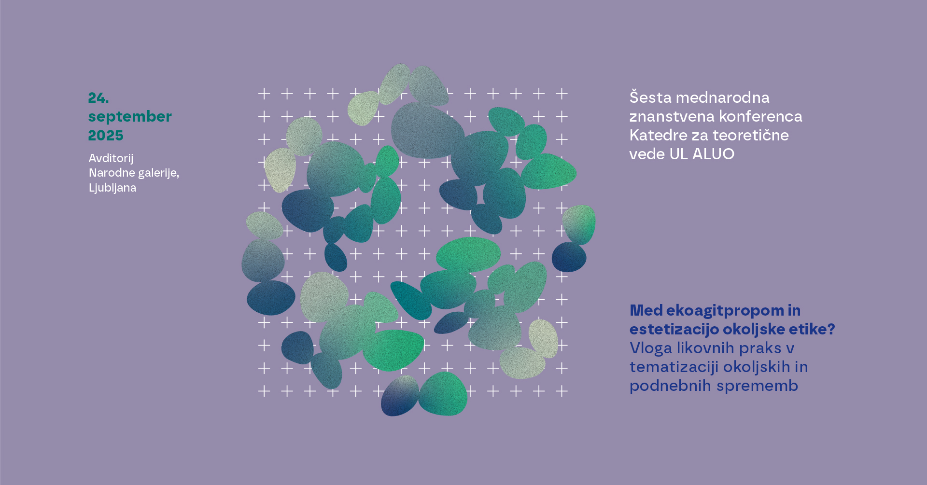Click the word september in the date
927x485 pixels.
(130, 117)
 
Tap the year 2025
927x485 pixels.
(106, 136)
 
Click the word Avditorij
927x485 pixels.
(111, 159)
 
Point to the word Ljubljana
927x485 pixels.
(112, 188)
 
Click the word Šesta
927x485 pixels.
(650, 97)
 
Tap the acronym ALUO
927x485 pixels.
(713, 154)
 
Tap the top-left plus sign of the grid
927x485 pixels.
(264, 94)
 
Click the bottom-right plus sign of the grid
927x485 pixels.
(562, 391)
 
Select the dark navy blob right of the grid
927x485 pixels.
(569, 257)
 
